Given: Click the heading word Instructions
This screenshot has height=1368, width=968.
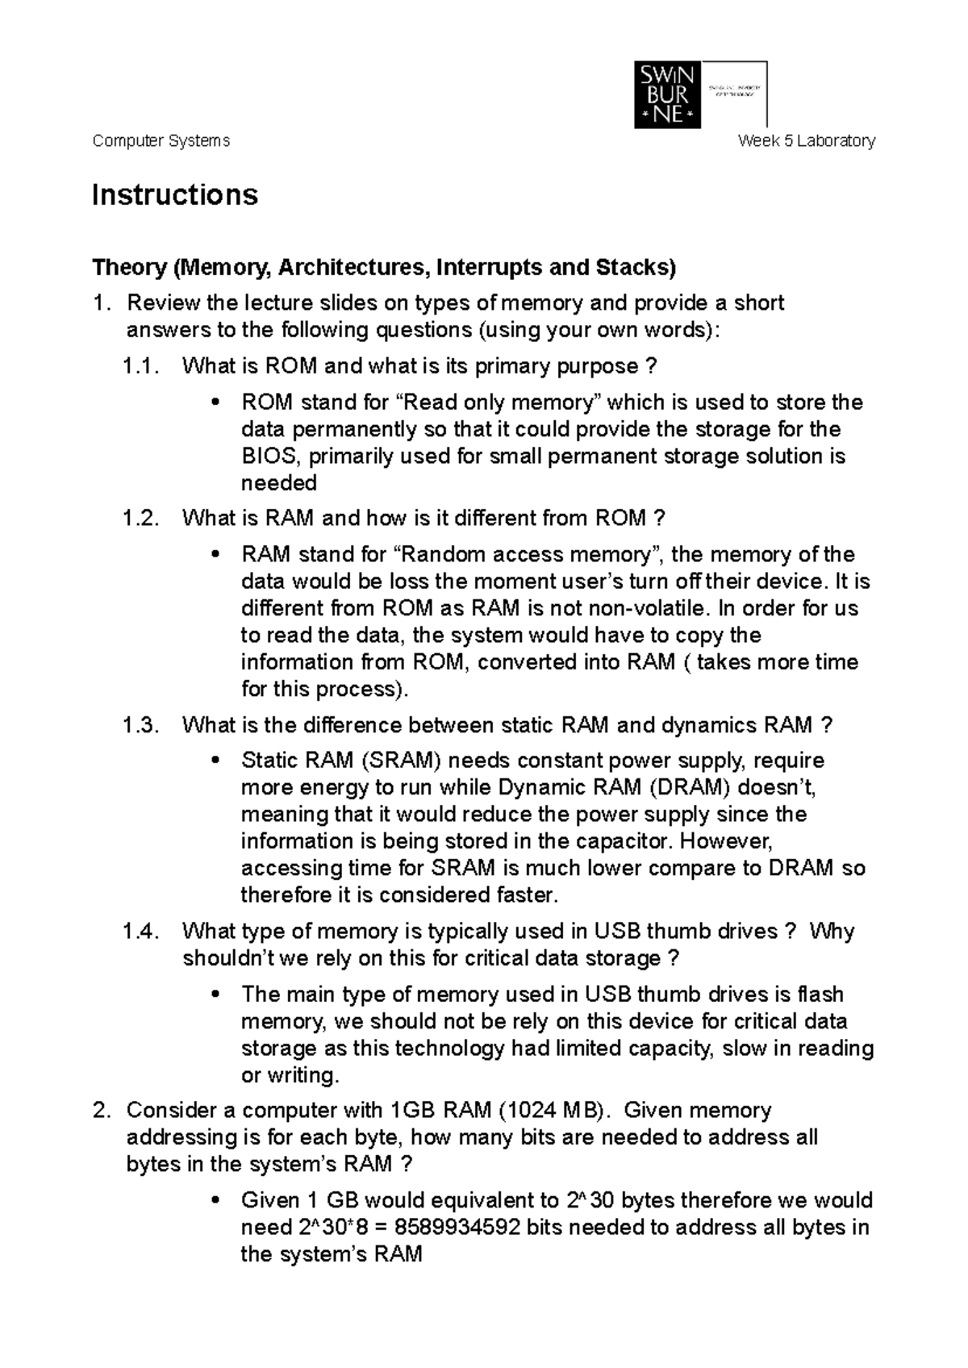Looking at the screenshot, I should tap(175, 195).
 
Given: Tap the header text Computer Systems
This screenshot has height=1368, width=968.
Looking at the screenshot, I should tap(161, 141).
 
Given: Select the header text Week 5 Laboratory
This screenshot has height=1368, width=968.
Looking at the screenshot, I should tap(807, 141).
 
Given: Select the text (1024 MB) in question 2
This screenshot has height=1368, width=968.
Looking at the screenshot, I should tap(552, 1111).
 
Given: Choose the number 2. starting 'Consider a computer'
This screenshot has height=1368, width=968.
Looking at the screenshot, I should tap(100, 1111).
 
